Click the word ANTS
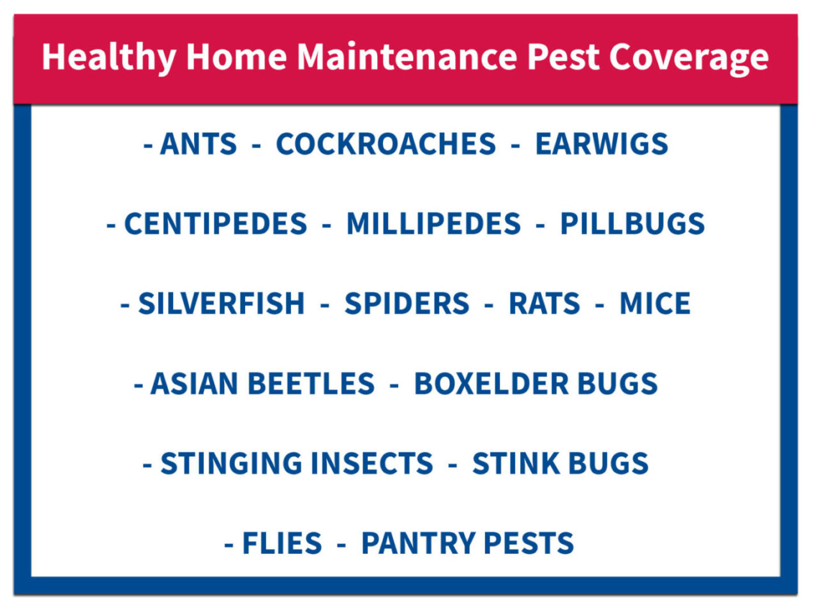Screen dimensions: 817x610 click(x=199, y=144)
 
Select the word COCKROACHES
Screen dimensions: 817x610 click(x=386, y=144)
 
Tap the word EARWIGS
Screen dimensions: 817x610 click(x=601, y=144)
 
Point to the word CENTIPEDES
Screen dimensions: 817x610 click(x=216, y=223)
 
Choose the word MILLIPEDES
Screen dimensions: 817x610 click(x=433, y=223)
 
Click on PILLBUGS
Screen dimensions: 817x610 click(x=632, y=223)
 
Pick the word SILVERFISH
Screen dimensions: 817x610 click(x=221, y=303)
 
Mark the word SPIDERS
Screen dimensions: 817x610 click(x=407, y=303)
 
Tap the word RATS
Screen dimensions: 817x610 click(x=544, y=303)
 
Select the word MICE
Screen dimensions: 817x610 click(x=655, y=303)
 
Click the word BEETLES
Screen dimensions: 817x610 click(x=311, y=383)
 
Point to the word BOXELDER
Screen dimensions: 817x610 click(x=491, y=383)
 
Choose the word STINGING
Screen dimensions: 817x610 click(x=231, y=463)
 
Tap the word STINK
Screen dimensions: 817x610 click(x=516, y=463)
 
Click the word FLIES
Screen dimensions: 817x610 click(x=281, y=543)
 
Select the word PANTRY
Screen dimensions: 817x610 click(x=418, y=543)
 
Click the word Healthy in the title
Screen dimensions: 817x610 click(x=109, y=57)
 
